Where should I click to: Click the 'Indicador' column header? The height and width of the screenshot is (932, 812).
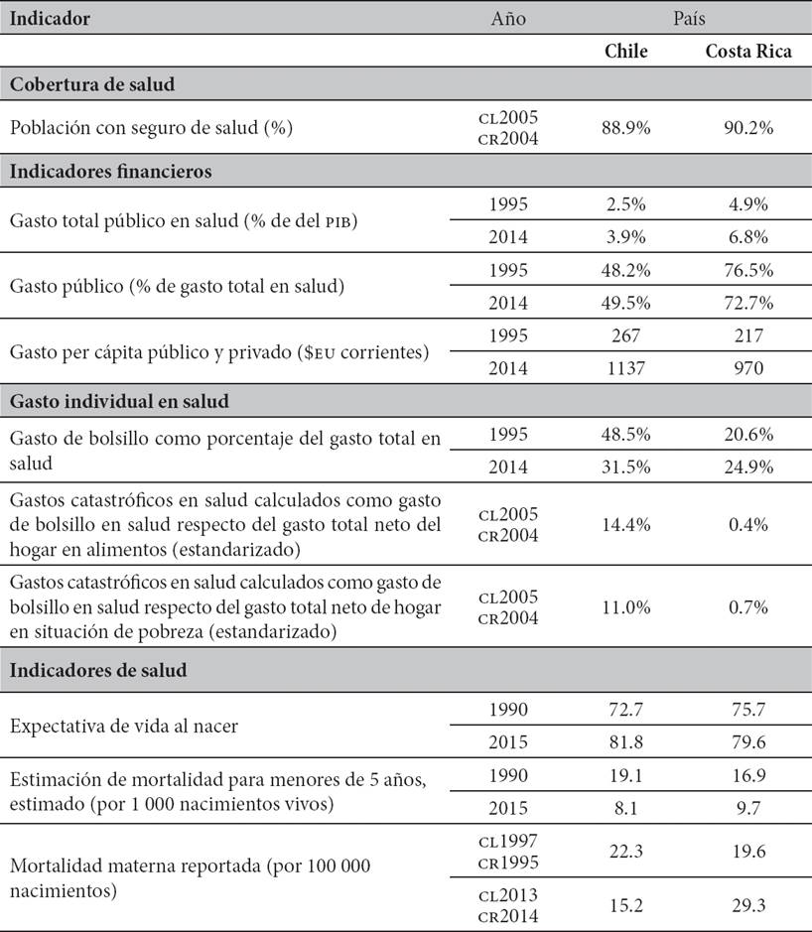pos(50,19)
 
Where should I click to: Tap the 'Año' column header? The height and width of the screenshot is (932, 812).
pos(508,19)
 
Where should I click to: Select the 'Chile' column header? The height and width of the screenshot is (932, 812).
pos(626,52)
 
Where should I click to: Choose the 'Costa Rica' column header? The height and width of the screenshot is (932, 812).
pos(748,52)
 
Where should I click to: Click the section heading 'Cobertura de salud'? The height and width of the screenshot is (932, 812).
pos(92,84)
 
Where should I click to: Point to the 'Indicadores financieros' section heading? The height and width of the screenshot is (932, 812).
pos(110,171)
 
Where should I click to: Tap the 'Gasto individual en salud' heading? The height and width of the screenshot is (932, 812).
pos(119,401)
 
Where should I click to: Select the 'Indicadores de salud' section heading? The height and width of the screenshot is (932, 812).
pos(98,671)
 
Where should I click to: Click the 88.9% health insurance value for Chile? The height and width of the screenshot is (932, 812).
pos(626,128)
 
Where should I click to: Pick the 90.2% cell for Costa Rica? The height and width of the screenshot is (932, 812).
pos(748,128)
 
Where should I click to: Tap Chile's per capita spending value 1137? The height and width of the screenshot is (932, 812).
pos(626,368)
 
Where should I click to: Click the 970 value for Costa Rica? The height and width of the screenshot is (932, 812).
pos(748,368)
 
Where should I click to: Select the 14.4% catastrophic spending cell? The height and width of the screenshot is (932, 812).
pos(626,525)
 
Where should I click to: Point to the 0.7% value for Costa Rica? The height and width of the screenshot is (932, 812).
pos(748,607)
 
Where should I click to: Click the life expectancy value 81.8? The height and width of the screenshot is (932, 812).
pos(626,742)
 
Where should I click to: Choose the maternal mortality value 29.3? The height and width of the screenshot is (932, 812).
pos(748,906)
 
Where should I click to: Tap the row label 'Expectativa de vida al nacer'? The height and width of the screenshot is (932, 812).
pos(124,727)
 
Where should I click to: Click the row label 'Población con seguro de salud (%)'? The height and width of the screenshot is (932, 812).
pos(151,128)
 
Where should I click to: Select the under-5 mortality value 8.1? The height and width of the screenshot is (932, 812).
pos(626,808)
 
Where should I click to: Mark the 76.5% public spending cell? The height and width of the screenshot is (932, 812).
pos(748,270)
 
